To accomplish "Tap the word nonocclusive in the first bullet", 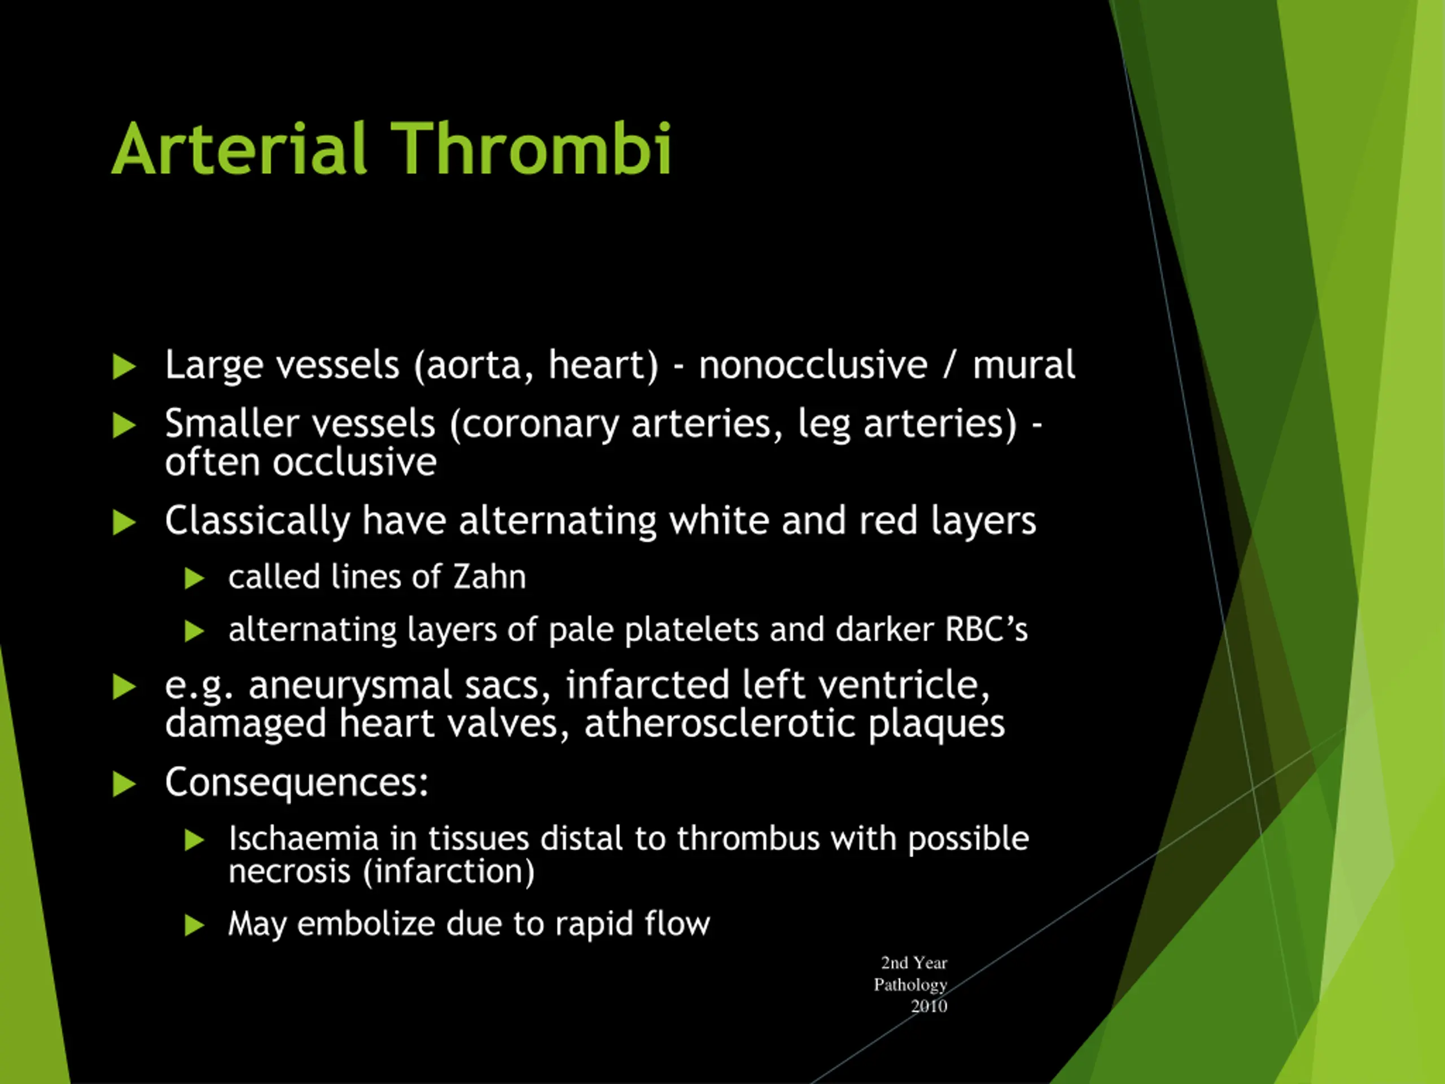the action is [813, 365].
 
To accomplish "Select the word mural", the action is [1023, 365].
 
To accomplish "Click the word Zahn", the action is [489, 577].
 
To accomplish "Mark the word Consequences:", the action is [296, 782].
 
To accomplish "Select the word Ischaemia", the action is [304, 838].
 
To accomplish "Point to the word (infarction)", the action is [449, 872].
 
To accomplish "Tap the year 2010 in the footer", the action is [929, 1006].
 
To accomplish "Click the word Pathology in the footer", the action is [910, 985].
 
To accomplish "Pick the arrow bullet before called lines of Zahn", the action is [195, 578].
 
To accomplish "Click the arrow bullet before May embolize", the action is [195, 925].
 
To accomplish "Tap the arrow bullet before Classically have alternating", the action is [124, 523].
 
